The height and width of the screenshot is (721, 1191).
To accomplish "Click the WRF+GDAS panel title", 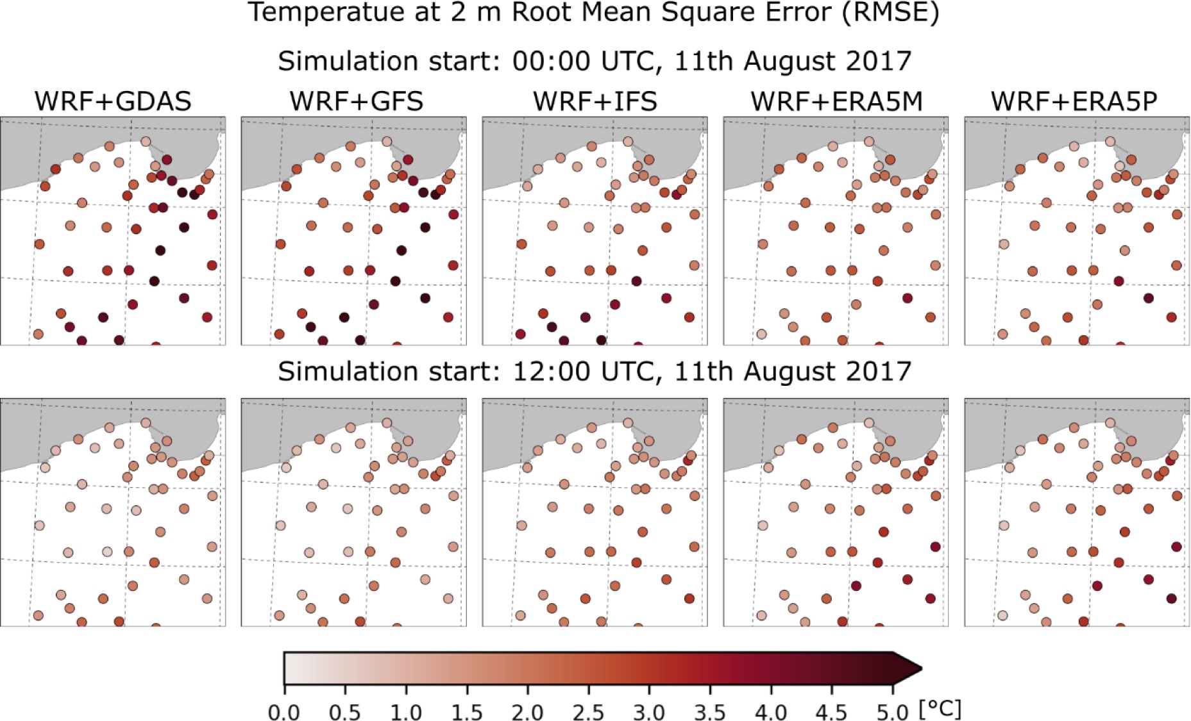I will coord(113,101).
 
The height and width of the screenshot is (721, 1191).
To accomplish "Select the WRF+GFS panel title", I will coord(356,101).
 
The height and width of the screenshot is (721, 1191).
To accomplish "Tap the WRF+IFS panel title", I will coord(595,101).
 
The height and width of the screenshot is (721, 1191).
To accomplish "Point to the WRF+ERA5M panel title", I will coord(836,101).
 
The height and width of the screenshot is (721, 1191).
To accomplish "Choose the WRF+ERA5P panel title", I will coord(1074,101).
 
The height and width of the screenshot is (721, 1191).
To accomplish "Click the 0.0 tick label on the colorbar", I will coord(283,712).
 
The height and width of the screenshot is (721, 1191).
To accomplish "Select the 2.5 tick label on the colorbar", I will coord(588,712).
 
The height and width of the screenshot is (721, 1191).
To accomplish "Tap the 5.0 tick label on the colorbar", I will coord(893,712).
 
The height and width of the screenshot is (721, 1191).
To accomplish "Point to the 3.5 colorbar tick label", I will coord(710,712).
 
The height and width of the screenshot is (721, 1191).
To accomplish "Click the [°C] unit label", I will coord(940,709).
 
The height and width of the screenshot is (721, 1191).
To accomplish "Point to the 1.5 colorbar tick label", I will coord(466,712).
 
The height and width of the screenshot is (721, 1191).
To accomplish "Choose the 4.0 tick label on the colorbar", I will coord(771,712).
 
